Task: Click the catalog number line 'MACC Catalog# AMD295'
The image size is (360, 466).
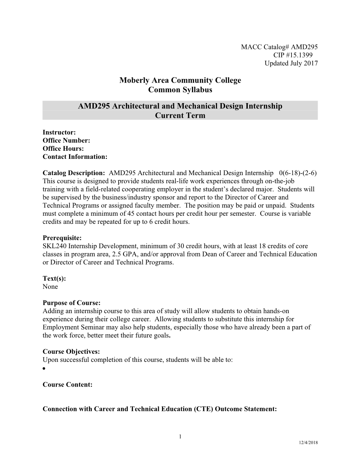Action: click(x=279, y=47)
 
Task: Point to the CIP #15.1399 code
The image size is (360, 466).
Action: click(x=293, y=55)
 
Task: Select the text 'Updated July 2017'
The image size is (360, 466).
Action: click(x=291, y=63)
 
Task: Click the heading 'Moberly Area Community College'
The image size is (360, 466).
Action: click(x=180, y=80)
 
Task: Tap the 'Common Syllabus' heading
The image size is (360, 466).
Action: click(x=180, y=90)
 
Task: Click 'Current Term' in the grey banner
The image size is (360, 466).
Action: click(x=180, y=115)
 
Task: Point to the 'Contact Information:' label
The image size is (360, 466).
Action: click(x=75, y=157)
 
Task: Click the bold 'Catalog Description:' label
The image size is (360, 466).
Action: click(x=74, y=173)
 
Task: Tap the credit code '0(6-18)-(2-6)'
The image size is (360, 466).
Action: click(x=298, y=173)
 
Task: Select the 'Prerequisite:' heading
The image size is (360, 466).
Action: click(x=62, y=238)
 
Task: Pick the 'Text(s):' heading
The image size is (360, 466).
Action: click(x=54, y=279)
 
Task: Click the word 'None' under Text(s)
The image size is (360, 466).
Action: click(x=50, y=287)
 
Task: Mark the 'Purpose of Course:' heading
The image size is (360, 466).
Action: click(x=72, y=303)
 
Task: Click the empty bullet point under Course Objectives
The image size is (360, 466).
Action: click(x=44, y=369)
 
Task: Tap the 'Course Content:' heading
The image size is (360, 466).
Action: click(x=67, y=384)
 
